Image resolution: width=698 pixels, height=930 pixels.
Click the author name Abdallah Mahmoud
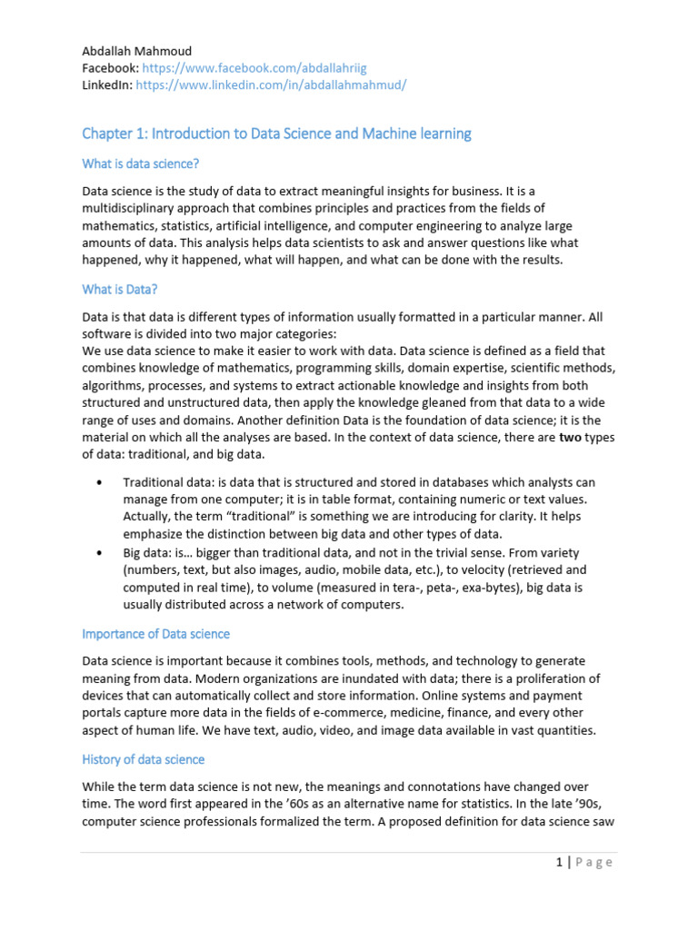coord(136,51)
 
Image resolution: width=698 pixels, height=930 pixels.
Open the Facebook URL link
coord(254,67)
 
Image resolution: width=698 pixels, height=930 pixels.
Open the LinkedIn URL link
coord(271,84)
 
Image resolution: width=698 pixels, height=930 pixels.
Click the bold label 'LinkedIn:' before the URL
coord(107,84)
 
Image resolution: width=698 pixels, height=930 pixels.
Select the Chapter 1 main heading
coord(276,134)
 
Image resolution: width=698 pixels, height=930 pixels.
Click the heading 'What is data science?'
coord(140,163)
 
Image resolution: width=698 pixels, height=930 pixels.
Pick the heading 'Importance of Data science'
coord(155,633)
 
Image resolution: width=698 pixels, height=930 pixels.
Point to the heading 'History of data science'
coord(144,758)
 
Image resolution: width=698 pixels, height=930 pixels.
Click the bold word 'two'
coord(570,438)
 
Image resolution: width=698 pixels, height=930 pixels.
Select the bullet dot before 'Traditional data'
coord(97,482)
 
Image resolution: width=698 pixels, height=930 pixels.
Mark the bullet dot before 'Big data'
coord(97,552)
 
